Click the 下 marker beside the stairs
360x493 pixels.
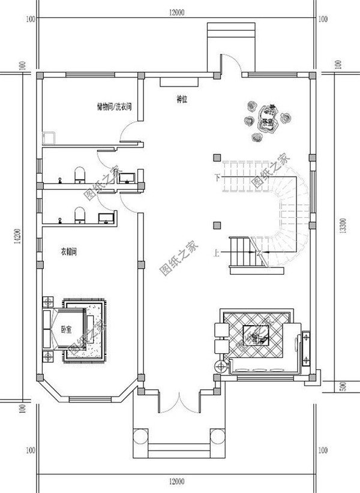(215, 177)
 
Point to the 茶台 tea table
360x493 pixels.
(265, 117)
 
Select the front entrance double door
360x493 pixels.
(178, 401)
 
